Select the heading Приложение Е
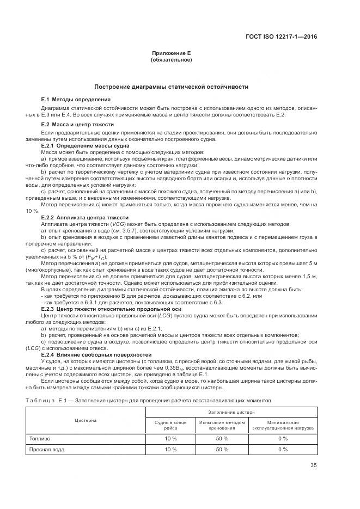171,53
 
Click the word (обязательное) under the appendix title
171,59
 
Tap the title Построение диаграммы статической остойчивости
171,87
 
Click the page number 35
313,465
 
